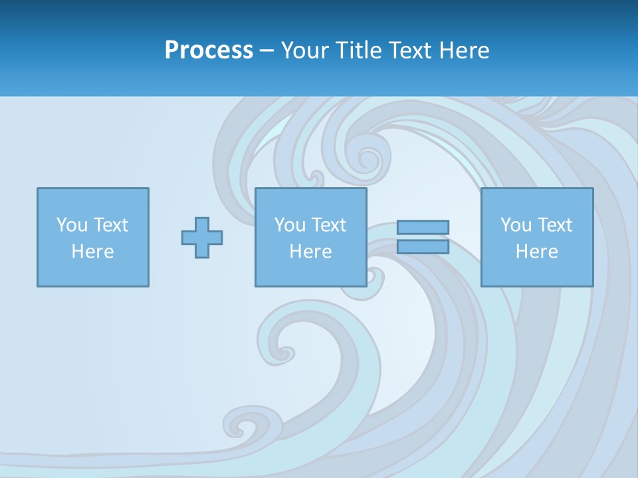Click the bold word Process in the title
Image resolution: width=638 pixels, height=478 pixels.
click(x=209, y=50)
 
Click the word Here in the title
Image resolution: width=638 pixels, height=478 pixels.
click(x=464, y=50)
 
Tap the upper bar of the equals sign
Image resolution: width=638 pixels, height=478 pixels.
click(x=423, y=228)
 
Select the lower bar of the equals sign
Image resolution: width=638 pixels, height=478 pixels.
click(x=423, y=247)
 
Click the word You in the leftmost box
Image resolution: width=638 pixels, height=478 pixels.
click(x=70, y=225)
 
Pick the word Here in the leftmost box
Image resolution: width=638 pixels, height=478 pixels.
click(x=92, y=252)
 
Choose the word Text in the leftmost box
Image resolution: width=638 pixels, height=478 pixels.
click(x=110, y=225)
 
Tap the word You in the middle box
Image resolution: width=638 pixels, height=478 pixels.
click(x=289, y=225)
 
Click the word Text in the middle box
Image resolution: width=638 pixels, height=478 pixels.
click(x=328, y=225)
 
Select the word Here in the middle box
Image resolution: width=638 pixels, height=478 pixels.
click(x=310, y=252)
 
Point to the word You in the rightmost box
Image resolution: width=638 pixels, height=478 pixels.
click(x=515, y=225)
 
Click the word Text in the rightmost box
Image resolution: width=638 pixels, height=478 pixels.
click(x=554, y=225)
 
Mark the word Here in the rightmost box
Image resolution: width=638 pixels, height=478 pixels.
click(x=536, y=252)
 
